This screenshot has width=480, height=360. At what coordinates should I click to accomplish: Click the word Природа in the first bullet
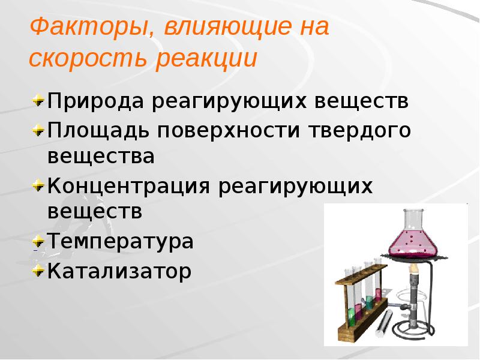(95, 101)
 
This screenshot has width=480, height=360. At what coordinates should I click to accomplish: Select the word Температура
(121, 242)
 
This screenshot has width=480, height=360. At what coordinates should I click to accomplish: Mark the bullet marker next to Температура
(38, 241)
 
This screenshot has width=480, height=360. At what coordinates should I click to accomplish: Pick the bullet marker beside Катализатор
(38, 271)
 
